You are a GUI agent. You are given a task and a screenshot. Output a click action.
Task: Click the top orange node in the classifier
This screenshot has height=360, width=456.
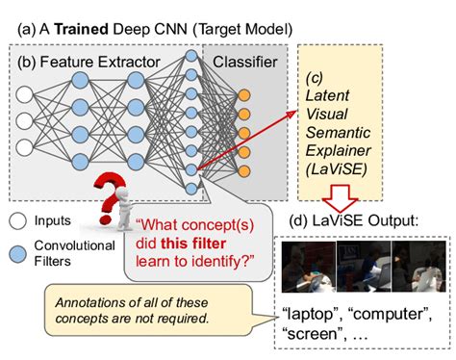246,95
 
